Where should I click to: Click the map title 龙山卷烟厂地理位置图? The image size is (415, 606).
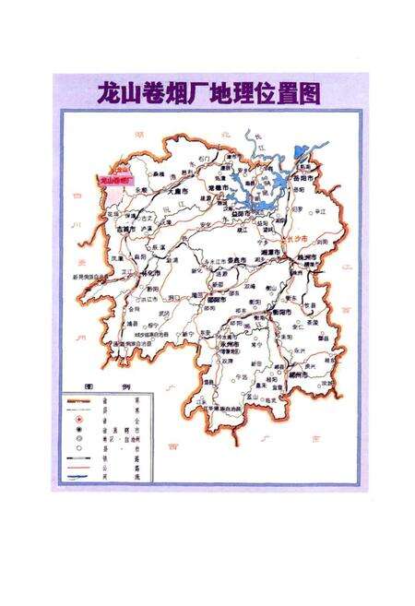pyautogui.click(x=207, y=94)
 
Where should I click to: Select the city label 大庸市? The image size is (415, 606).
pyautogui.click(x=183, y=191)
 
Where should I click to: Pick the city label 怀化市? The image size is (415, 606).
pyautogui.click(x=142, y=274)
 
